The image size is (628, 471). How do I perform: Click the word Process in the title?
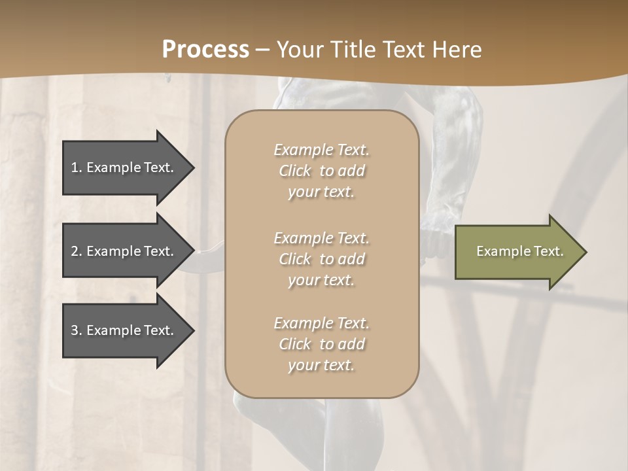[x=205, y=50]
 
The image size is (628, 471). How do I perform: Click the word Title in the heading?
[x=355, y=50]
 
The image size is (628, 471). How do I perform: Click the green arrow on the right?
[x=517, y=251]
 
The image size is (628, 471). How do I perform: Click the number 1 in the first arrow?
[x=75, y=167]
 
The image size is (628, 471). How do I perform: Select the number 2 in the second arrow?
[x=75, y=251]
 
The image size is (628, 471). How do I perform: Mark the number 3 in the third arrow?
[x=75, y=330]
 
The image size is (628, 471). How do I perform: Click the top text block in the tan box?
[x=321, y=171]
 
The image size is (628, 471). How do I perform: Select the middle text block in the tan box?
[x=321, y=259]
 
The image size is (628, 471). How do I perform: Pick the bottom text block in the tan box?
[x=321, y=344]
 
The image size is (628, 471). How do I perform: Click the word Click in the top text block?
[x=295, y=171]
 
